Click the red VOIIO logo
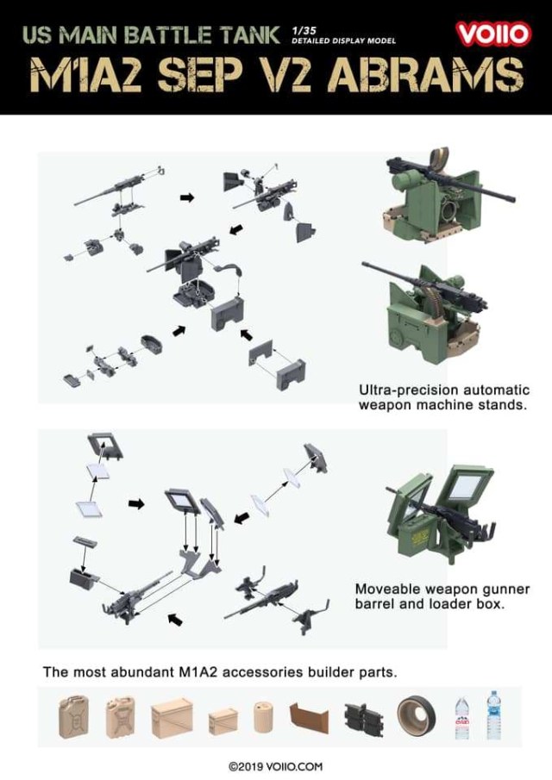(493, 34)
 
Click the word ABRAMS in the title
(427, 76)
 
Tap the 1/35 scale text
(302, 31)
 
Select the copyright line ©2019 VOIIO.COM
(275, 766)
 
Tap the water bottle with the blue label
(492, 714)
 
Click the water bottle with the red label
(461, 718)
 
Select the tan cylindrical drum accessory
(263, 716)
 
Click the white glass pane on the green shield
(466, 487)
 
